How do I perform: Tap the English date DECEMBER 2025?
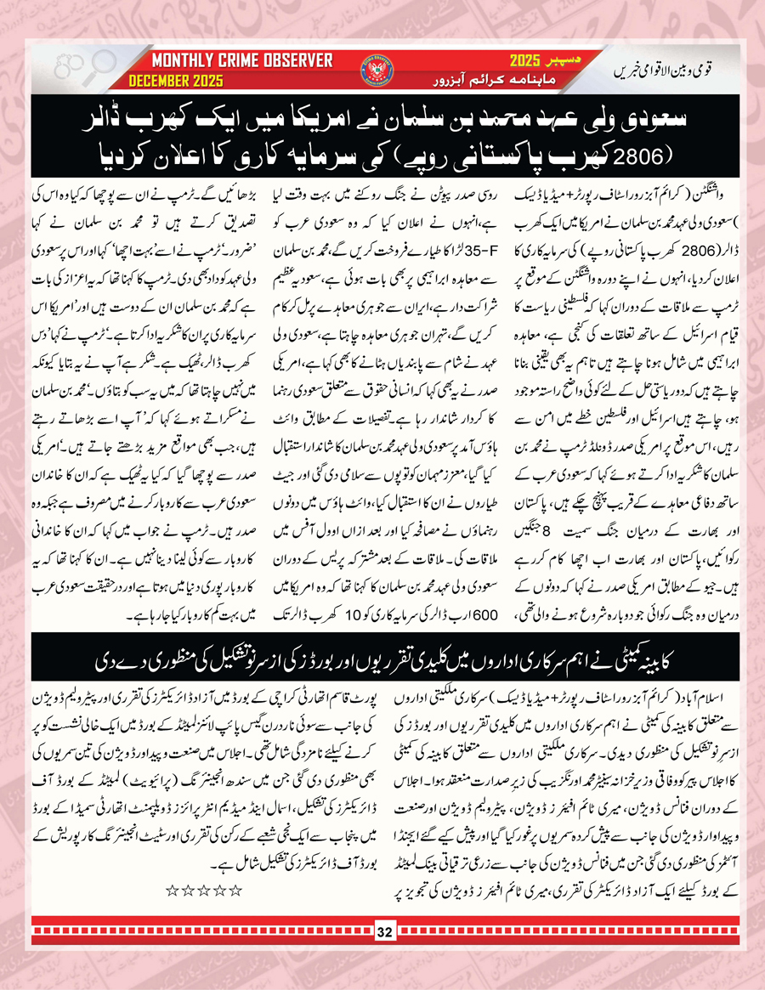pyautogui.click(x=176, y=82)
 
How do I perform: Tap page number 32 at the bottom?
pyautogui.click(x=383, y=933)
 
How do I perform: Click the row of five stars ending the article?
pyautogui.click(x=203, y=890)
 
